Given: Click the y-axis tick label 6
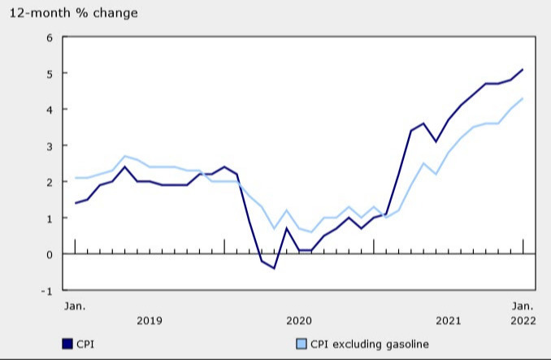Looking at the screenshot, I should [x=49, y=37].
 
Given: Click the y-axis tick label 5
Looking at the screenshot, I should [x=49, y=74].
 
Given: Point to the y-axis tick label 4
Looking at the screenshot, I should [x=49, y=110].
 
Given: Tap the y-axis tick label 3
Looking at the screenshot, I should [x=49, y=146].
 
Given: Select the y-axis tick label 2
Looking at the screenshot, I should [x=49, y=182].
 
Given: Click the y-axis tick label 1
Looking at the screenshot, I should [x=49, y=219].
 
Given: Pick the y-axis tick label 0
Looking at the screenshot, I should [x=49, y=254].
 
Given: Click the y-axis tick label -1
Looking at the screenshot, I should [x=47, y=291].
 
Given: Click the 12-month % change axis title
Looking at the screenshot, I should [x=73, y=13].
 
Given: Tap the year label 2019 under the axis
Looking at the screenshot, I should [x=149, y=321].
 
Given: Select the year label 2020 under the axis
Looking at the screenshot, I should [x=298, y=321].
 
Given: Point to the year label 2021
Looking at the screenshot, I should [x=448, y=321].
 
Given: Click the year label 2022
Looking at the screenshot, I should [x=523, y=321].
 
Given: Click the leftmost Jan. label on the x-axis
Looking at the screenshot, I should [x=75, y=306].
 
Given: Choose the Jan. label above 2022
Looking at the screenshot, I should [x=523, y=306].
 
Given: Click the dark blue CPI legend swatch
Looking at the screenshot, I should [x=67, y=345].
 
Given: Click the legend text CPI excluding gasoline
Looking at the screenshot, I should [x=367, y=345].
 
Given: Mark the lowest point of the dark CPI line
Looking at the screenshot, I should [x=274, y=268].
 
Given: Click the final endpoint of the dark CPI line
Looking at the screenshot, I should [x=523, y=70].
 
